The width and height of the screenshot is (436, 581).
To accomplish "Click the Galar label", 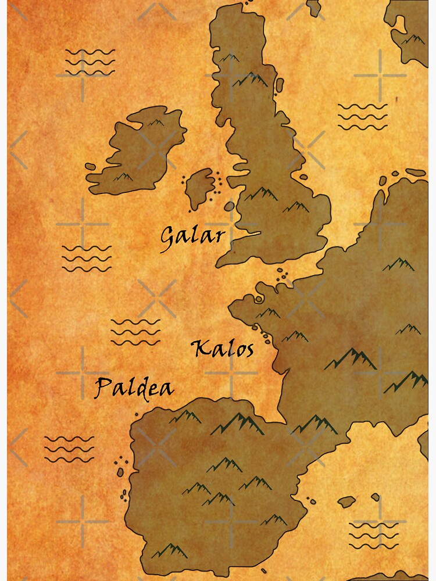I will pos(192,236).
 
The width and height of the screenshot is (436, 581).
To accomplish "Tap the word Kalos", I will pos(223,349).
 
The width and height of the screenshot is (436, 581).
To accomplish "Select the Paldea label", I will pos(134,388).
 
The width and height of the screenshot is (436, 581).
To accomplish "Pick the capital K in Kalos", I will pos(200,349).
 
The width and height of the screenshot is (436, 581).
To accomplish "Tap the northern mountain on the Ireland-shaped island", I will pos(155,123).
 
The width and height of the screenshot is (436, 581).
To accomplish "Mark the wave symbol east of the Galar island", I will pos(362,116).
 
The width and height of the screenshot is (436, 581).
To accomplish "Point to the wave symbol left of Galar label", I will pos(87,258).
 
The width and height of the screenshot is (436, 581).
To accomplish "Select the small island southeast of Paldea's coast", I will pos(347,501).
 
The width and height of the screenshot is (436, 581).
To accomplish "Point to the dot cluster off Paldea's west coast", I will pos(123,462).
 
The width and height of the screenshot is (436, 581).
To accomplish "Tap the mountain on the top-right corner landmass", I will pos(414,40).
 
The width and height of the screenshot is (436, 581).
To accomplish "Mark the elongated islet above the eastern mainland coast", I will pos(415,172).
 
